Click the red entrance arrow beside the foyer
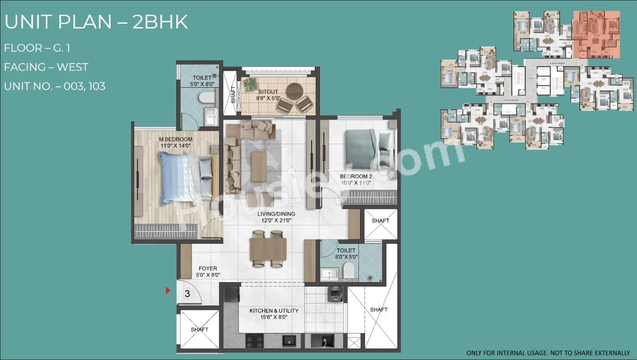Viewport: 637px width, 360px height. (x=167, y=290)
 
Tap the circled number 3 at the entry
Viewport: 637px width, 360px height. (x=187, y=294)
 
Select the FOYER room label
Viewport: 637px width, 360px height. (x=208, y=268)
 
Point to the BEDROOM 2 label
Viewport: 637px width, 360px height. (x=356, y=176)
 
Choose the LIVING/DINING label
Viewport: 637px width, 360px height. (x=277, y=214)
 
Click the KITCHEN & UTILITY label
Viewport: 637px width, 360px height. (x=274, y=311)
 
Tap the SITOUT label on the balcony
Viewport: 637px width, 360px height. (x=268, y=92)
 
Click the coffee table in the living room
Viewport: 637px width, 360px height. (x=259, y=166)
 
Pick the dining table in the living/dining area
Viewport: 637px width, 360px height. (x=268, y=249)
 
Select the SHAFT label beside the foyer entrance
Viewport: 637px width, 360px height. (x=200, y=330)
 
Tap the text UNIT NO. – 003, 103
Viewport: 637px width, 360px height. (x=55, y=86)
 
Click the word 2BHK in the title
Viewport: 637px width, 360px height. (x=160, y=22)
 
